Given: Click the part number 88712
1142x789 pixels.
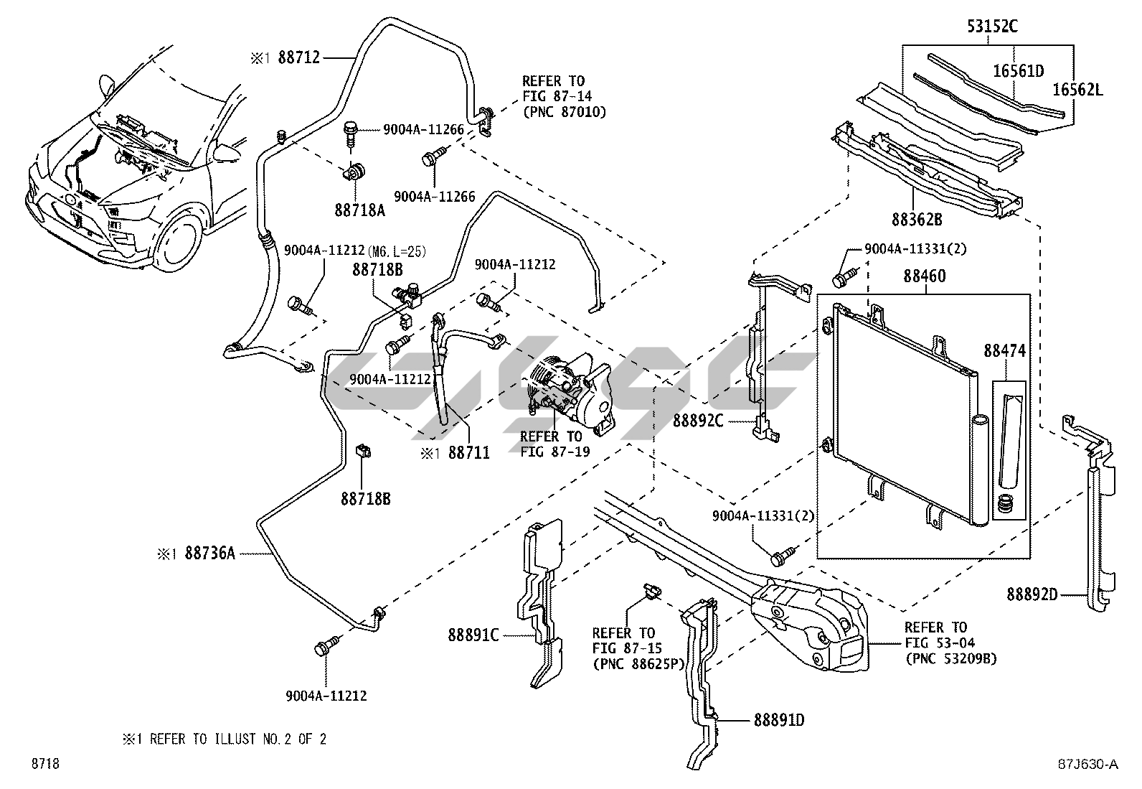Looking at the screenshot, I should (x=298, y=58).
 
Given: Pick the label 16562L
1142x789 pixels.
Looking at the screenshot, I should (x=1077, y=89).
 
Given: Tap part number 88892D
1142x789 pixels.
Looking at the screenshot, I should (x=1032, y=594).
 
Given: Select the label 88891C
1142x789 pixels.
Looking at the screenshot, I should (x=474, y=635).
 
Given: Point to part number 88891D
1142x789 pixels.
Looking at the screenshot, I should (x=778, y=719).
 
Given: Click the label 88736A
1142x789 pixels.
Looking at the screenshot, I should (x=209, y=554).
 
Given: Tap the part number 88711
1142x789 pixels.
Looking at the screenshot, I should (x=469, y=452).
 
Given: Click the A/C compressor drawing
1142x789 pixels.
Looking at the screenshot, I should (x=570, y=391).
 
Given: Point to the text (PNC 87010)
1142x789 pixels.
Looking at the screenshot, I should (x=564, y=112).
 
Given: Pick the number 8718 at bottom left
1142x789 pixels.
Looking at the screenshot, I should (x=44, y=764).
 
